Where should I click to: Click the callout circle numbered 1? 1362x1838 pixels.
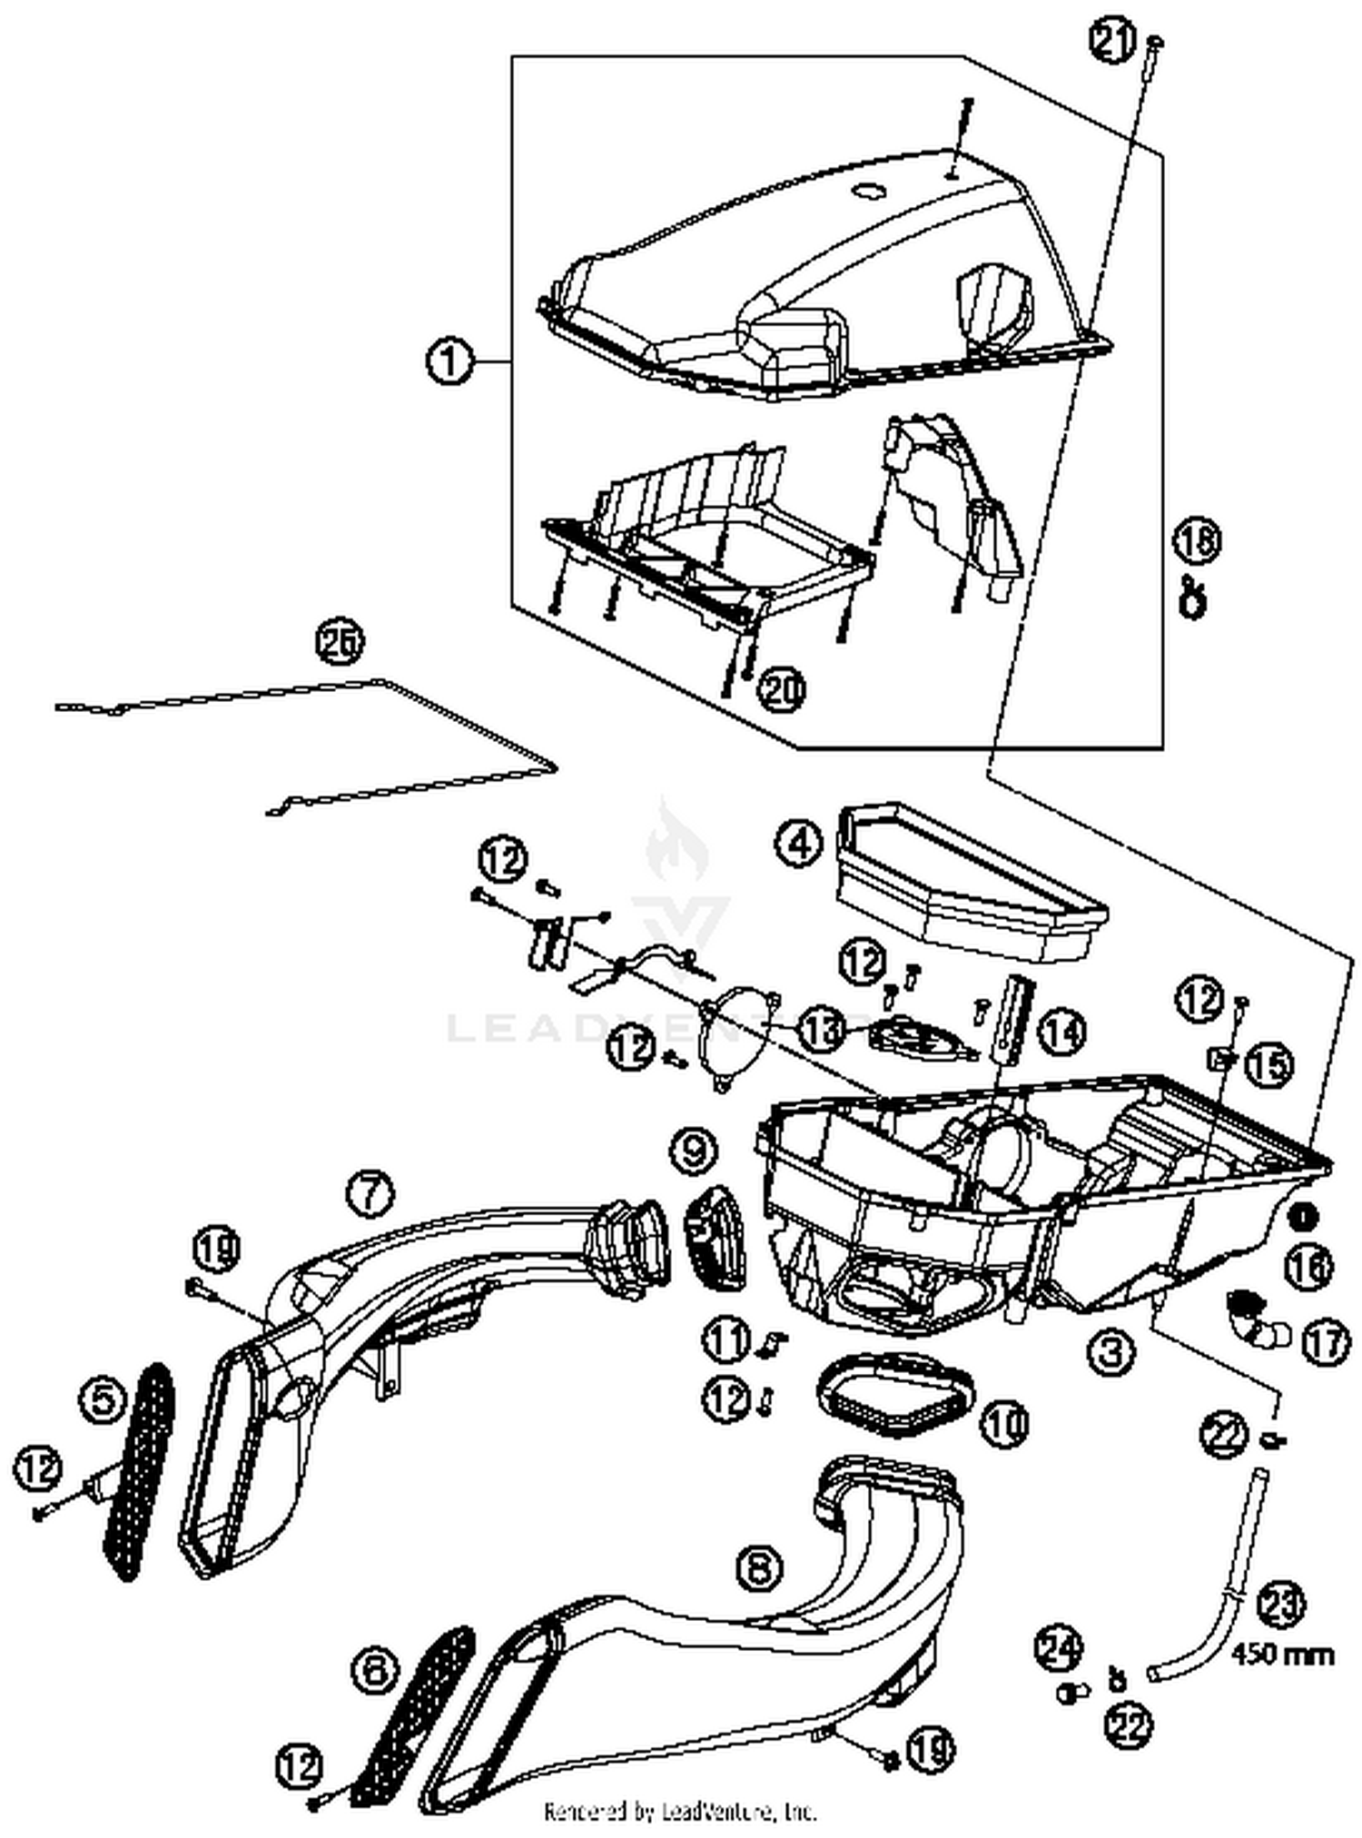(x=449, y=362)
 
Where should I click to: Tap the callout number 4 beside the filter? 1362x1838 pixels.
(x=798, y=844)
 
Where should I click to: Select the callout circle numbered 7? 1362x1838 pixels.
(x=370, y=1192)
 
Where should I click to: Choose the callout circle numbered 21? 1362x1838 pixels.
(x=1113, y=43)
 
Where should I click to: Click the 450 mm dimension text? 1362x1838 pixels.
(x=1282, y=1655)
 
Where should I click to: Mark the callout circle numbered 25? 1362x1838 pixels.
(x=339, y=642)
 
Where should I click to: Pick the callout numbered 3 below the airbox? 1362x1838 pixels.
(x=1111, y=1351)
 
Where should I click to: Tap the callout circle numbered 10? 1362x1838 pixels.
(x=1004, y=1423)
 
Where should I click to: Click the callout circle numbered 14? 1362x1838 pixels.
(x=1061, y=1032)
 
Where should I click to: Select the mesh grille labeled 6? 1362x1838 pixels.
(x=417, y=1695)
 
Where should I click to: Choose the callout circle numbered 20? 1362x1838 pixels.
(x=783, y=690)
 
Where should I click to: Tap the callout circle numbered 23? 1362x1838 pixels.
(x=1282, y=1606)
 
